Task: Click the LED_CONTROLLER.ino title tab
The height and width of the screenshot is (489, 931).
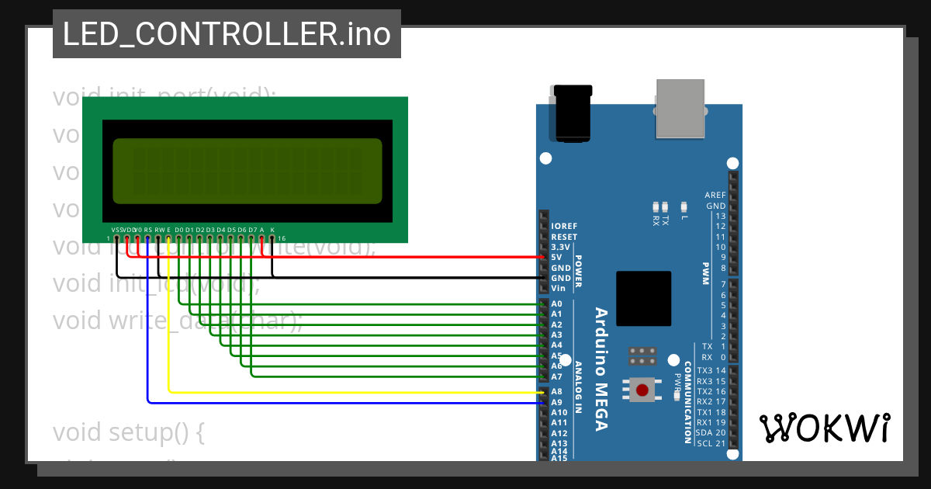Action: click(227, 34)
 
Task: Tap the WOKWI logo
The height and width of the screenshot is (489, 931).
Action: click(824, 428)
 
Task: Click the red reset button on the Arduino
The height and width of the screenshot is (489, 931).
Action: click(642, 389)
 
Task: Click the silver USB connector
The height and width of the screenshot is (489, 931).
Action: click(680, 108)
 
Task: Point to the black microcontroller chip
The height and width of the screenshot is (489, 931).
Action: click(643, 299)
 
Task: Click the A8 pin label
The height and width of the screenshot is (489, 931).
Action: click(557, 392)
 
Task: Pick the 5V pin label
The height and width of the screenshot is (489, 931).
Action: click(556, 257)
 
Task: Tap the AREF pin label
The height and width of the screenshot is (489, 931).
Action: click(715, 196)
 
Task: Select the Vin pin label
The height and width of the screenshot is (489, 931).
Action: click(557, 288)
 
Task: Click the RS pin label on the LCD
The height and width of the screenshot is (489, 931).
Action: click(147, 230)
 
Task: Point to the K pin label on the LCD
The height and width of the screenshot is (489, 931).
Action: click(272, 230)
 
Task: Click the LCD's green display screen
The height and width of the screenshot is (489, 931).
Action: click(247, 171)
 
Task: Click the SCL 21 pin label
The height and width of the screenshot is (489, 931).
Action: click(711, 443)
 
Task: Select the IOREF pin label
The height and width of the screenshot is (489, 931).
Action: click(564, 226)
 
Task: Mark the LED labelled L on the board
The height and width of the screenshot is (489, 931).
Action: click(684, 206)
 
